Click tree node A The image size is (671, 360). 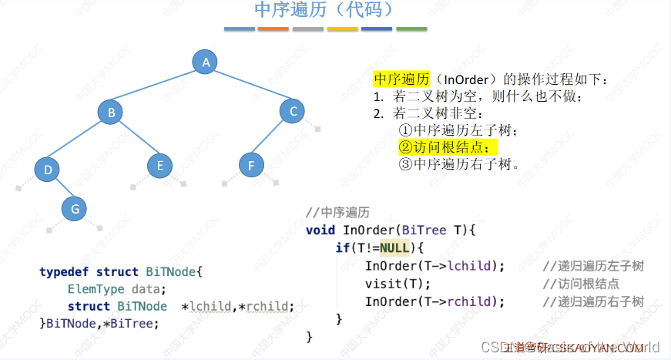click(x=204, y=62)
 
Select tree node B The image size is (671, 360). click(x=111, y=113)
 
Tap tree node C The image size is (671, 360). click(x=293, y=111)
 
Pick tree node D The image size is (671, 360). click(x=47, y=169)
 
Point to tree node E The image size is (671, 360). click(x=159, y=165)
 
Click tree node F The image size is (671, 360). click(x=251, y=164)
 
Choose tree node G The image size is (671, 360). click(x=74, y=208)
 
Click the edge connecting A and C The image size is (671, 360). click(x=249, y=87)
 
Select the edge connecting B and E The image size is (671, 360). click(x=136, y=139)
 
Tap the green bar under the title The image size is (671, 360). click(x=411, y=29)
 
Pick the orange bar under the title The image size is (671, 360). click(x=273, y=29)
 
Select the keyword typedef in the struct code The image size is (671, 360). click(x=64, y=271)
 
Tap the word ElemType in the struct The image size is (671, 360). click(x=94, y=289)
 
